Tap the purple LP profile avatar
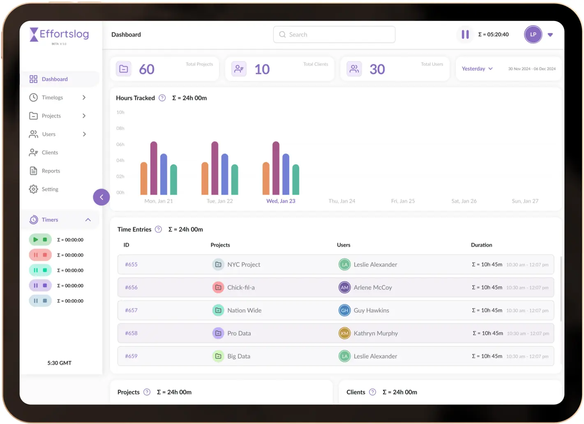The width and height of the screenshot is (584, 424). click(x=533, y=35)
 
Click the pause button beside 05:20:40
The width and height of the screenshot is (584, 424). click(x=465, y=35)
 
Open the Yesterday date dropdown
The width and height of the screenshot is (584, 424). click(x=477, y=69)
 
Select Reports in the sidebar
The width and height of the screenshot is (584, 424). click(x=51, y=171)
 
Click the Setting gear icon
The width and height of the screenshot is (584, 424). click(x=33, y=189)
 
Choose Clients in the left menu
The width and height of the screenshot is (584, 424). click(x=50, y=153)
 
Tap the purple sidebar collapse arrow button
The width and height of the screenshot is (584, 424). click(x=102, y=197)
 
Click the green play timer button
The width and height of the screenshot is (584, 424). click(x=36, y=239)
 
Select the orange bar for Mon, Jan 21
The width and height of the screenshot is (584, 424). click(x=144, y=178)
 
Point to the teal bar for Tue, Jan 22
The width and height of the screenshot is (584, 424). click(x=235, y=180)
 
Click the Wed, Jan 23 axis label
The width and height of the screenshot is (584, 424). click(x=281, y=201)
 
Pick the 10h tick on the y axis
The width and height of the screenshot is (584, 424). click(x=120, y=112)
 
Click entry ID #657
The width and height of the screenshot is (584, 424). click(x=131, y=310)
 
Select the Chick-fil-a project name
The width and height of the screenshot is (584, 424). click(x=241, y=287)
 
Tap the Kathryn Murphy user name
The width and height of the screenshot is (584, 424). click(x=376, y=334)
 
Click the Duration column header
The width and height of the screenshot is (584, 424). click(x=481, y=245)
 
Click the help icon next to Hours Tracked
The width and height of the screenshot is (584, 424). click(x=162, y=98)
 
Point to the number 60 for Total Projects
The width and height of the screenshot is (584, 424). click(x=147, y=69)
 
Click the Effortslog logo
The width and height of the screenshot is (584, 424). click(x=60, y=35)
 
